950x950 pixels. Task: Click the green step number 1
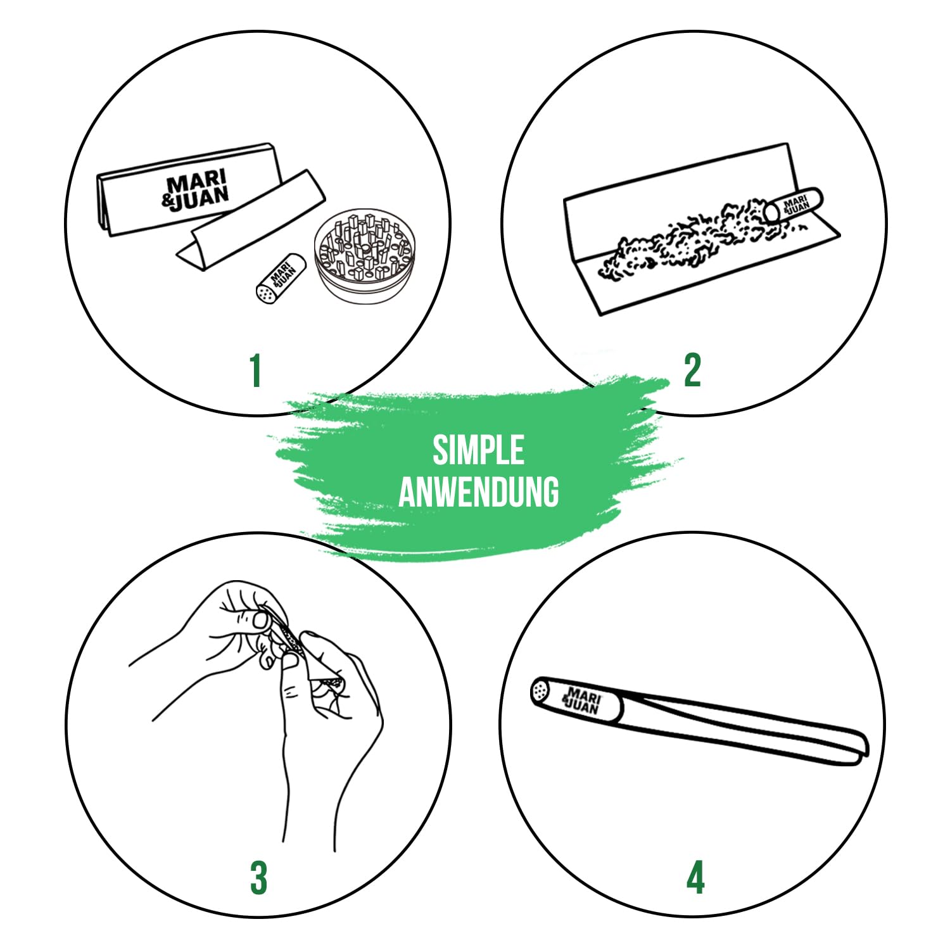[255, 370]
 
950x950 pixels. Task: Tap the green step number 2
[692, 370]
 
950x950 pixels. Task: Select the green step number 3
[258, 878]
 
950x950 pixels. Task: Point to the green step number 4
[695, 878]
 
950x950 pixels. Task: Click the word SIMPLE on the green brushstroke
[478, 450]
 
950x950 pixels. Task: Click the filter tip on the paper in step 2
[793, 204]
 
